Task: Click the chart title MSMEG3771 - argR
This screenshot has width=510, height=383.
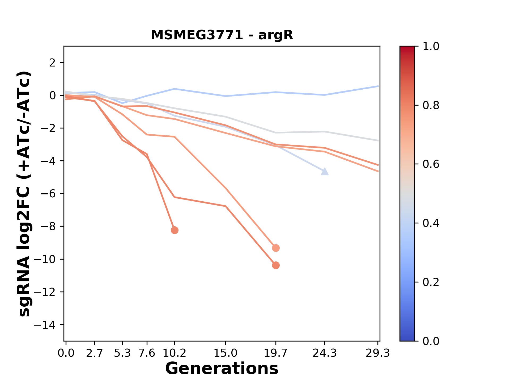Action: (x=222, y=35)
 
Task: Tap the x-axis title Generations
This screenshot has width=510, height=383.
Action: (x=222, y=369)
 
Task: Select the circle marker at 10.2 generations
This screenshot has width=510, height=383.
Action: (x=175, y=230)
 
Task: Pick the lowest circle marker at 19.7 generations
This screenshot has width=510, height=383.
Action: (x=276, y=265)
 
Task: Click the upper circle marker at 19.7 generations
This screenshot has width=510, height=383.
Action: (x=276, y=248)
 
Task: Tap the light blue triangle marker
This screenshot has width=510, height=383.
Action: (x=325, y=172)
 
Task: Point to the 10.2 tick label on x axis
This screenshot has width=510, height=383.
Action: (x=175, y=353)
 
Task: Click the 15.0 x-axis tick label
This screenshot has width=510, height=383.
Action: (x=226, y=353)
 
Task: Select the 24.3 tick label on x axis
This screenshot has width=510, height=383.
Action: (x=325, y=353)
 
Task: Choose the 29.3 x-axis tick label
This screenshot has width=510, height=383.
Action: (x=378, y=353)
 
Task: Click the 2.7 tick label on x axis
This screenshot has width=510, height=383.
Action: (x=95, y=353)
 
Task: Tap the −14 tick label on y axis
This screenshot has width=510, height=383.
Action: (x=44, y=325)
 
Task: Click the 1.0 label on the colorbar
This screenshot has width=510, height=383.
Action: (x=431, y=47)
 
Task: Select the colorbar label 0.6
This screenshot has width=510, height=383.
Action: (x=431, y=164)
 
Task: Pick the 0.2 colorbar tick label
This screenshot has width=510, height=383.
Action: (x=431, y=282)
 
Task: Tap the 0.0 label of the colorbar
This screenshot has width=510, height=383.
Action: (x=431, y=341)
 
